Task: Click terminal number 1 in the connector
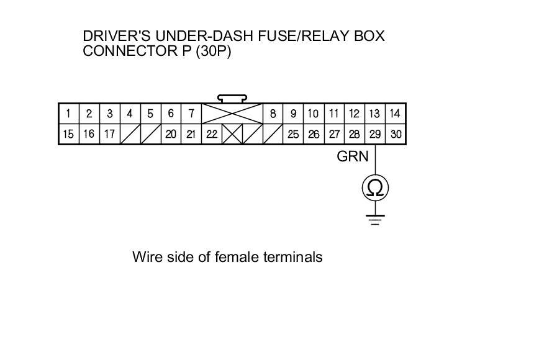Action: point(68,114)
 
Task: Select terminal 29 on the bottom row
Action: point(375,134)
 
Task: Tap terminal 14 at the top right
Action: point(396,114)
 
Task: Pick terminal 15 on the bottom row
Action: point(68,134)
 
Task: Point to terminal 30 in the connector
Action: point(396,134)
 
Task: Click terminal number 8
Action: point(273,114)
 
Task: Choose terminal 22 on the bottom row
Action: point(212,134)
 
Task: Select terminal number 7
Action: point(191,114)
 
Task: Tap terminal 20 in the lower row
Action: point(171,134)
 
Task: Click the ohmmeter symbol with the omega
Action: point(375,187)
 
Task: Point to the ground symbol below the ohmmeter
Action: point(375,219)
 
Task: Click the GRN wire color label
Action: point(352,156)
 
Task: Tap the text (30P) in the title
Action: point(213,51)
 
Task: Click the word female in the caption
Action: point(236,256)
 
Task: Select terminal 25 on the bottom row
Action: point(293,134)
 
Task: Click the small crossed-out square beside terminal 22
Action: point(232,134)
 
